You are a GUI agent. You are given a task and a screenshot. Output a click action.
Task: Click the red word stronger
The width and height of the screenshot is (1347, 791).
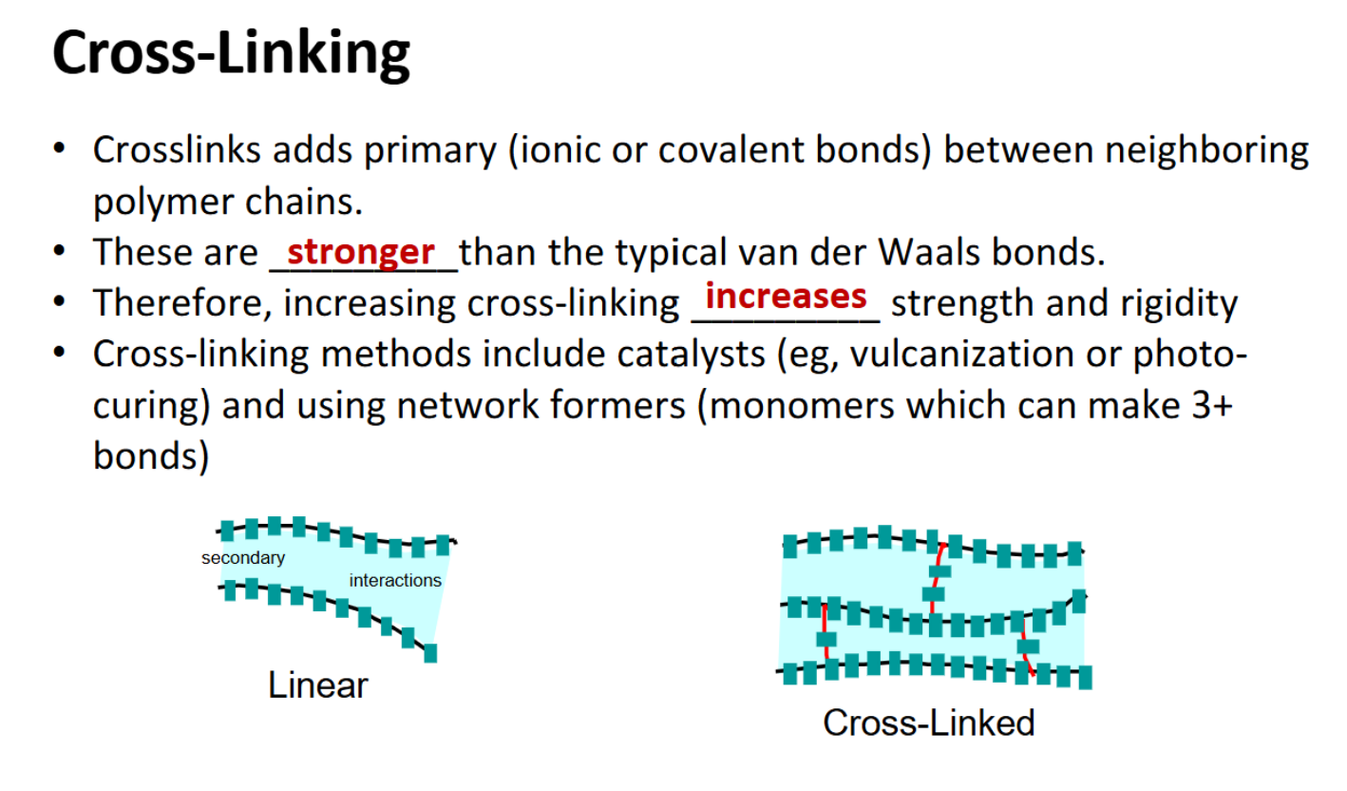361,251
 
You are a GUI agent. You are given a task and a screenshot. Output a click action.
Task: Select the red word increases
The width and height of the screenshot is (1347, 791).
786,296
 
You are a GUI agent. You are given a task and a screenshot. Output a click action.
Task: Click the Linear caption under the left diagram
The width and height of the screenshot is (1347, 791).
317,685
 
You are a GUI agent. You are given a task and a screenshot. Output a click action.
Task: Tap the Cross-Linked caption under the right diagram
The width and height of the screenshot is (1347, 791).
928,723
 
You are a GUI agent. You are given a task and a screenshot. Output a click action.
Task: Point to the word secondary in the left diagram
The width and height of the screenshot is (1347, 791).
242,558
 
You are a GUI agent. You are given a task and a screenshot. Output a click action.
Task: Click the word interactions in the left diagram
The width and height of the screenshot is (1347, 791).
395,580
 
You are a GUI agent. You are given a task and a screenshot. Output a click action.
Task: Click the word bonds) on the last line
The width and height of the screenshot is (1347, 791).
150,457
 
